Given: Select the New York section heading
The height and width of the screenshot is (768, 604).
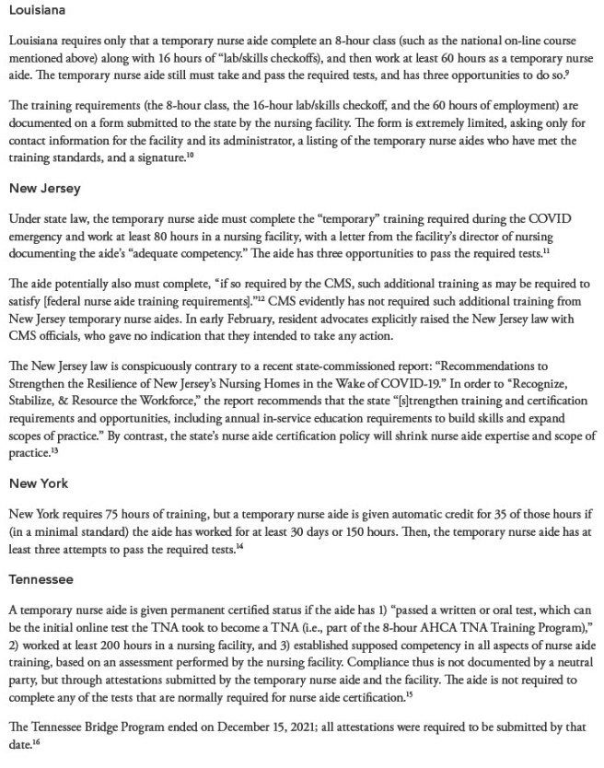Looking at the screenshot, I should pos(39,483).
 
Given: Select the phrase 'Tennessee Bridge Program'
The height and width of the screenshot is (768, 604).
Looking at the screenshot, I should pos(91,727).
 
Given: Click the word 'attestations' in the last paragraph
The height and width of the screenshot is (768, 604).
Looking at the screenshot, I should pos(353,727).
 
